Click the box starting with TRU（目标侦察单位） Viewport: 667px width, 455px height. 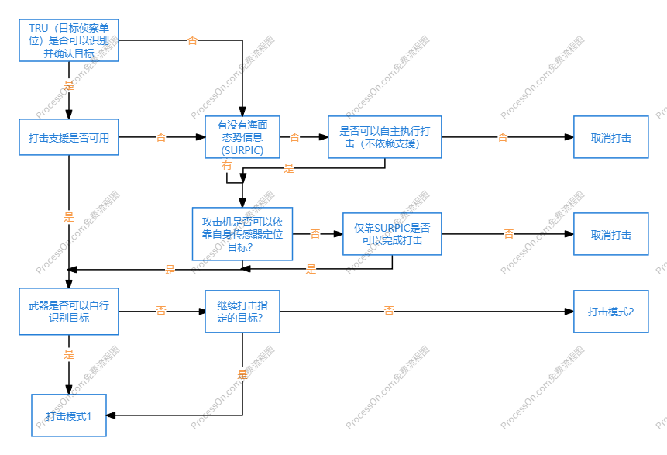68,40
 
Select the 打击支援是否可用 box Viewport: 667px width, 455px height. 68,137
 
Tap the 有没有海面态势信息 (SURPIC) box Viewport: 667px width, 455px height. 242,137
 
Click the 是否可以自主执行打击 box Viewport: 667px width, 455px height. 384,137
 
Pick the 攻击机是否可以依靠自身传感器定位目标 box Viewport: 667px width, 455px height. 242,233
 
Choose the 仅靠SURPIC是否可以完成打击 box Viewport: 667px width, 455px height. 392,234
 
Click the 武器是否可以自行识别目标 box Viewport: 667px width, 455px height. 68,311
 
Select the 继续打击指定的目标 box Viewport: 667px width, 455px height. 242,311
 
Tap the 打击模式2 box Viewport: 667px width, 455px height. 610,311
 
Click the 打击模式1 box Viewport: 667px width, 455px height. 68,416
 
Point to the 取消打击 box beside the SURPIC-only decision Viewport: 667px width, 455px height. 610,234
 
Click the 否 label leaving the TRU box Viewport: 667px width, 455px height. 192,40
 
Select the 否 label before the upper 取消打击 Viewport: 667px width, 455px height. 502,137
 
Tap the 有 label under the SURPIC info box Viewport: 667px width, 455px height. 226,165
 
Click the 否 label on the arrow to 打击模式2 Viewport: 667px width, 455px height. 389,311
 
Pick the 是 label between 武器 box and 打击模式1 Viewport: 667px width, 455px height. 68,354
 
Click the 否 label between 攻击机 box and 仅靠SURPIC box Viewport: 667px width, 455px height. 315,233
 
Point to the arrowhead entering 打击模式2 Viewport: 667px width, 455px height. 569,311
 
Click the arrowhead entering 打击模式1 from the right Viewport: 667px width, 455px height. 110,416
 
